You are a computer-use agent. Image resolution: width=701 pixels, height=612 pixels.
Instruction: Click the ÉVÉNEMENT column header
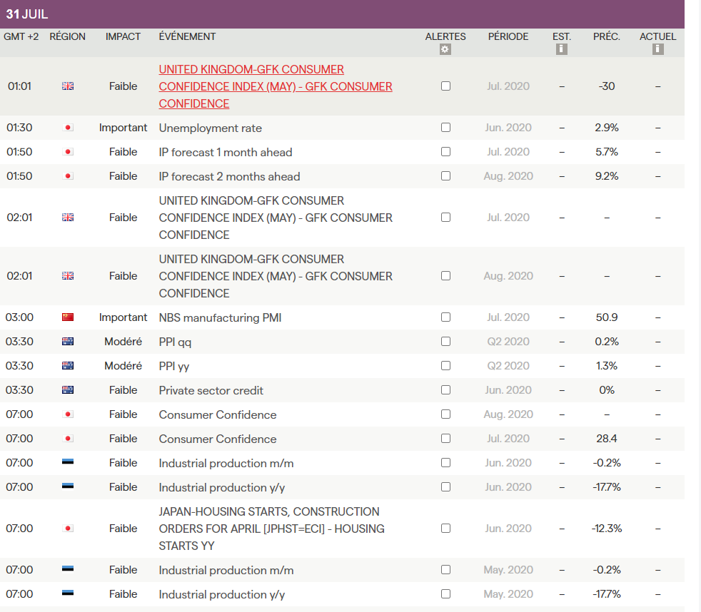click(x=187, y=36)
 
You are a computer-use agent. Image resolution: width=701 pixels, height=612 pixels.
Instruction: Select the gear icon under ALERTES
click(x=445, y=49)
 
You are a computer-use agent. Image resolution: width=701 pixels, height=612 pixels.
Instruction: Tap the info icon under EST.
click(x=561, y=49)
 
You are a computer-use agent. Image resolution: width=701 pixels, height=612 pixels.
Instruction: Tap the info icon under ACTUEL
click(x=657, y=49)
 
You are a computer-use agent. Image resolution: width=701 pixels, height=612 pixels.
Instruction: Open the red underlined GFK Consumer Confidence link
click(x=275, y=86)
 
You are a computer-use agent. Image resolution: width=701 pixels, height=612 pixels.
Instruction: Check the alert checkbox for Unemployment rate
click(x=445, y=128)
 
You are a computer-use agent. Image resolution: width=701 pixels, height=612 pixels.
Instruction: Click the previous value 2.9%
click(x=606, y=128)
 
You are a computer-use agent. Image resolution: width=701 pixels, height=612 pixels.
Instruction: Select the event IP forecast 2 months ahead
click(x=229, y=176)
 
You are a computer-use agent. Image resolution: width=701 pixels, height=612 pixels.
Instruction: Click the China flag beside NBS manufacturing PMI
click(x=68, y=317)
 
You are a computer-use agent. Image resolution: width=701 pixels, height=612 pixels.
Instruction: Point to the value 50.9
click(x=606, y=317)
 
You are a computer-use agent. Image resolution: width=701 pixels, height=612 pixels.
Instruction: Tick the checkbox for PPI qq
click(x=445, y=342)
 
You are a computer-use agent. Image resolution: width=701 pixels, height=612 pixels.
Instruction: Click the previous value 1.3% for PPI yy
click(x=606, y=366)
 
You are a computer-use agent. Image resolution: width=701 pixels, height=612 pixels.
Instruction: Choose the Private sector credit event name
click(x=211, y=390)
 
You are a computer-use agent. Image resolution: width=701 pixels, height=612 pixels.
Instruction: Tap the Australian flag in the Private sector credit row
click(x=68, y=390)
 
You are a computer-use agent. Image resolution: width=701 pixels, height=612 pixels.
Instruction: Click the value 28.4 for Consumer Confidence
click(x=606, y=439)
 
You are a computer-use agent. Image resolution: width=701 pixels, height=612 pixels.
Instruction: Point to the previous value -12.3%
click(x=606, y=529)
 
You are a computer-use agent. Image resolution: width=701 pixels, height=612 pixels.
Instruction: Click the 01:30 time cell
click(x=19, y=128)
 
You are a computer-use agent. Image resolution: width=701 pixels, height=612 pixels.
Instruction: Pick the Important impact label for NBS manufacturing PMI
click(x=123, y=317)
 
